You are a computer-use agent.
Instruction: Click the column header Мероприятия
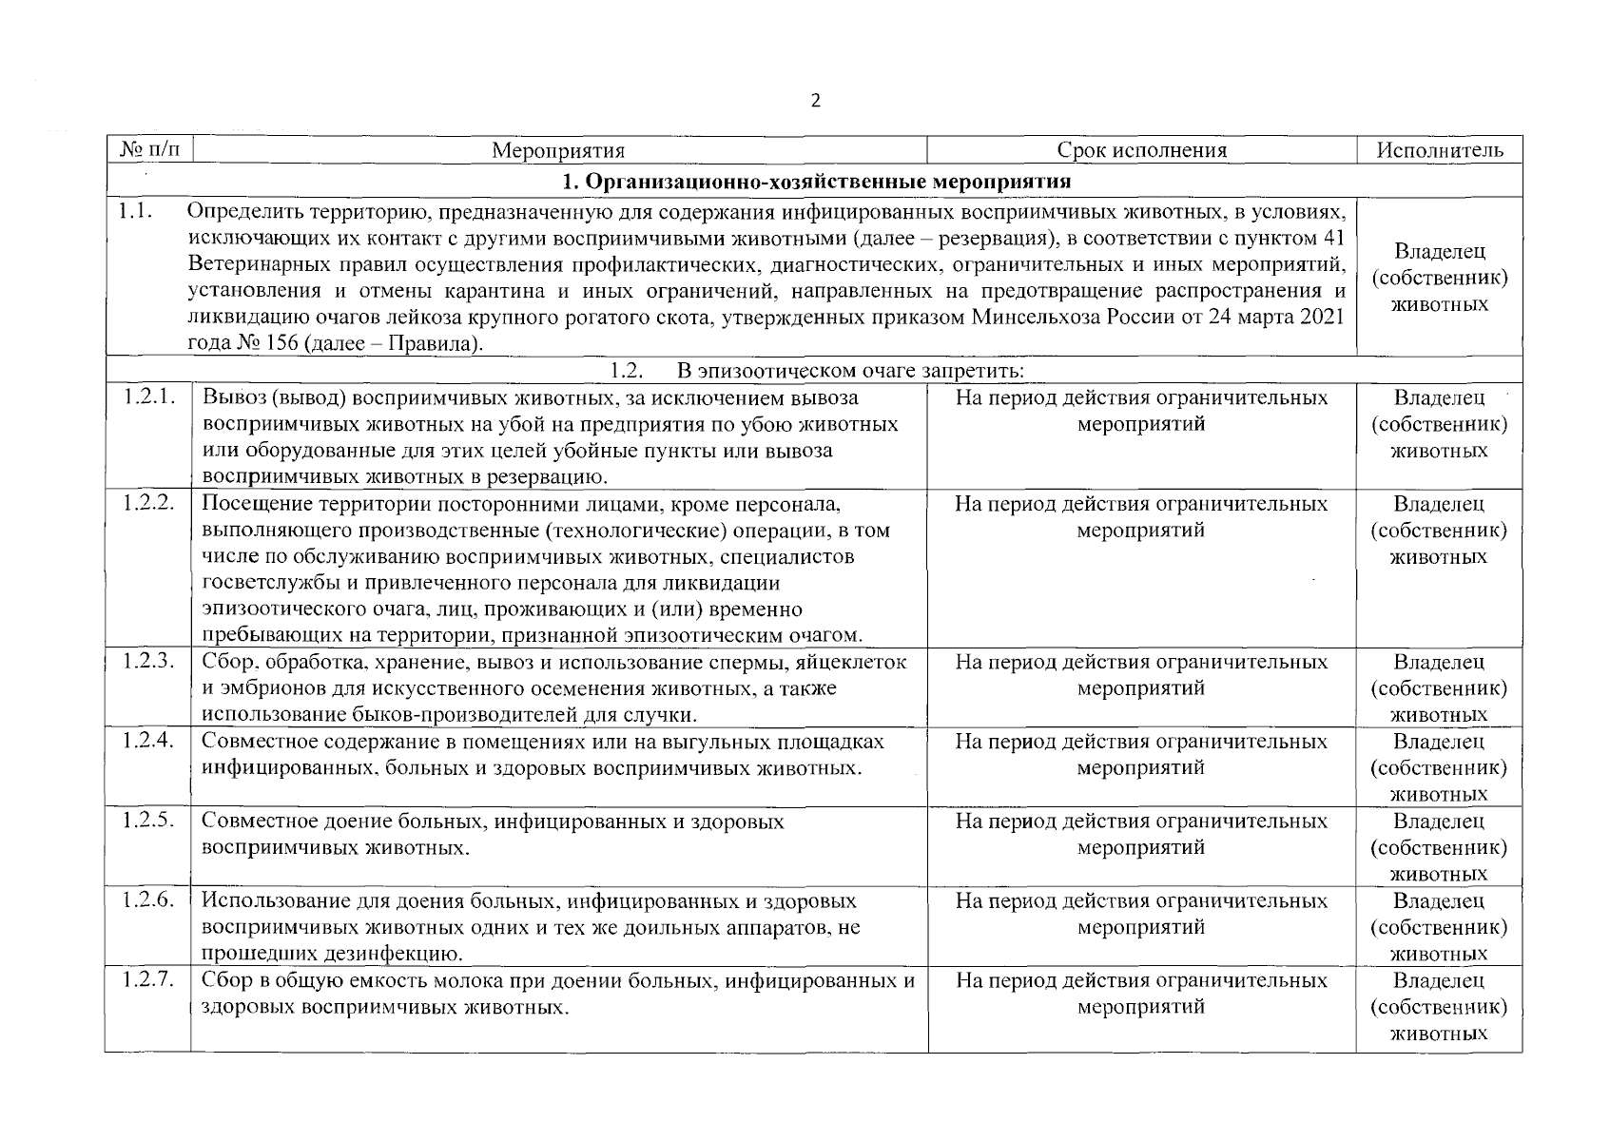(x=558, y=150)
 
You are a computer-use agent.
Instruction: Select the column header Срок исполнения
(x=1141, y=150)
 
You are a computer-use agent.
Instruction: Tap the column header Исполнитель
(x=1439, y=150)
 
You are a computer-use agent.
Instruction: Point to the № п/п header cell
(x=148, y=150)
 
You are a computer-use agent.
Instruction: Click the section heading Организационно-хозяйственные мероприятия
(x=816, y=181)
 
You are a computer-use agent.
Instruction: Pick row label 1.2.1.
(x=148, y=397)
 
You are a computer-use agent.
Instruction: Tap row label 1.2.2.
(x=148, y=503)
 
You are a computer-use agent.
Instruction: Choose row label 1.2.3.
(x=148, y=661)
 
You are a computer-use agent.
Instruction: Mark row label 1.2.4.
(x=148, y=741)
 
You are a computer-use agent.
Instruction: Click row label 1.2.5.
(x=148, y=821)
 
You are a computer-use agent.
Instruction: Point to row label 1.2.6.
(x=148, y=900)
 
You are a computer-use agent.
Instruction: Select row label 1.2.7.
(x=148, y=980)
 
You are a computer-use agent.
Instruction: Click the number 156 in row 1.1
(x=280, y=343)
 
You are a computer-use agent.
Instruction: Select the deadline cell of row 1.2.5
(x=1141, y=834)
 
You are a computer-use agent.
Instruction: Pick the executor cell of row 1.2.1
(x=1439, y=424)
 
